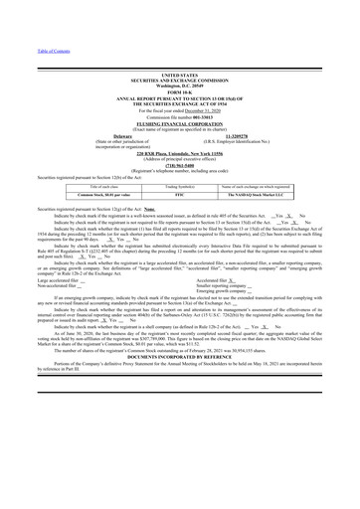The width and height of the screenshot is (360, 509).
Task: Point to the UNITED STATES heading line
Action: point(179,75)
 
